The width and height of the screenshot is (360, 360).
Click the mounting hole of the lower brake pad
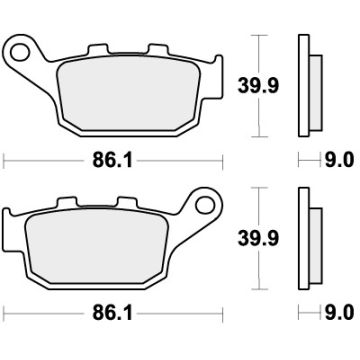coord(207,207)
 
